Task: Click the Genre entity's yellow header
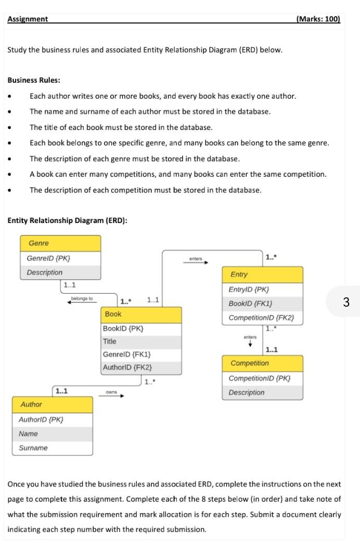[60, 243]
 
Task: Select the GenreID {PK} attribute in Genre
[48, 258]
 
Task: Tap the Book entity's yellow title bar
[142, 314]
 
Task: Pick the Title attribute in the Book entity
[110, 342]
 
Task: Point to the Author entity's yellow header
[52, 404]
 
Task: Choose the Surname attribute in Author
[33, 448]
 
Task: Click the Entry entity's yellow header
[262, 274]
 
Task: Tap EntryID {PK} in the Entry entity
[249, 290]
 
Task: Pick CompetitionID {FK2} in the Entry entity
[261, 318]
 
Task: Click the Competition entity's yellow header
[262, 363]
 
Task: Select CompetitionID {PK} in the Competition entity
[260, 378]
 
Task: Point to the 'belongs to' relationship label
[82, 299]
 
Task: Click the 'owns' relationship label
[111, 392]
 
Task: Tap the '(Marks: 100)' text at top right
[317, 19]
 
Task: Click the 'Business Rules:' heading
[34, 81]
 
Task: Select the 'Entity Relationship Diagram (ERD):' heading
[67, 220]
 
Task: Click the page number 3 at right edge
[346, 302]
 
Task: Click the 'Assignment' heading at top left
[28, 19]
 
